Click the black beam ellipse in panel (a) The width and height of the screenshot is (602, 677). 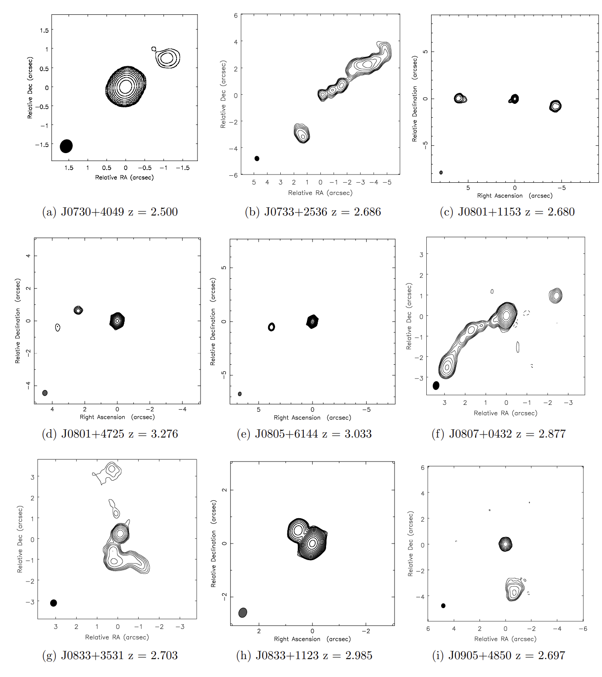pyautogui.click(x=66, y=146)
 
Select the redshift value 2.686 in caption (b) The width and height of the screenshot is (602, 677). pyautogui.click(x=367, y=212)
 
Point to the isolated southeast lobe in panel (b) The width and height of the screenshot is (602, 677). pyautogui.click(x=302, y=133)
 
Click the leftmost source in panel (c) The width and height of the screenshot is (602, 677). pyautogui.click(x=459, y=98)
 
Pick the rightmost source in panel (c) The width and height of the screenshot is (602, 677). pyautogui.click(x=555, y=106)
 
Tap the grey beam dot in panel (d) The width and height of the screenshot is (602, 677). pyautogui.click(x=45, y=393)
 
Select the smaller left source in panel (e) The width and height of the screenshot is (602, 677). pyautogui.click(x=272, y=327)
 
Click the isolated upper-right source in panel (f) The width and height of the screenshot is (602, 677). pyautogui.click(x=555, y=295)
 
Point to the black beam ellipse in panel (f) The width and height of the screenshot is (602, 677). pyautogui.click(x=436, y=386)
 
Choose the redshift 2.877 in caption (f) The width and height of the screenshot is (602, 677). pyautogui.click(x=552, y=434)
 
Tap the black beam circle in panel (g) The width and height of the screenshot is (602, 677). pyautogui.click(x=54, y=603)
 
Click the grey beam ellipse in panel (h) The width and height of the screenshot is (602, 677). pyautogui.click(x=243, y=612)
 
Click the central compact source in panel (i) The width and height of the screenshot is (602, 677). pyautogui.click(x=505, y=544)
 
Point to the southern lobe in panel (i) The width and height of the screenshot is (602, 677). pyautogui.click(x=514, y=590)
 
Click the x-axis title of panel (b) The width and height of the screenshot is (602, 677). pyautogui.click(x=320, y=193)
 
